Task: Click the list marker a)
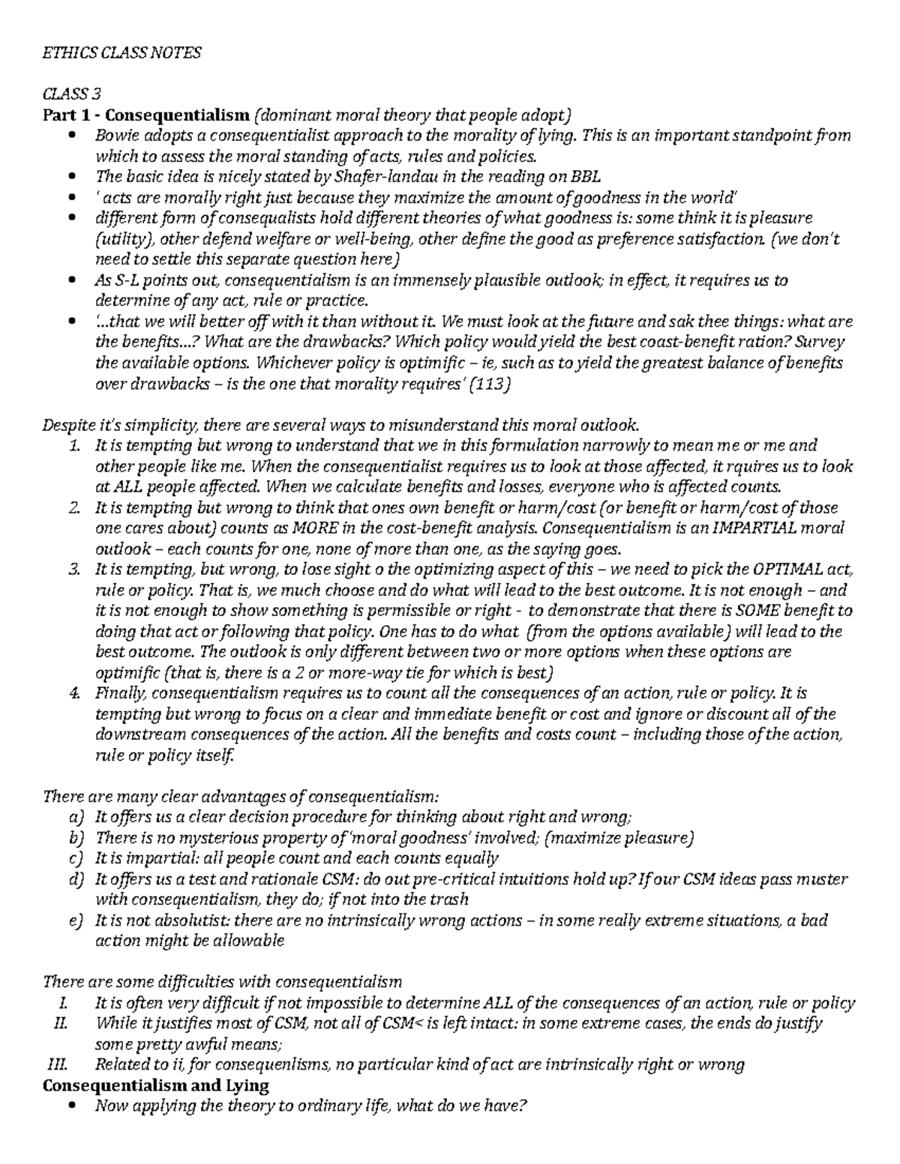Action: [x=75, y=817]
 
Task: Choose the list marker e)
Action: [x=75, y=920]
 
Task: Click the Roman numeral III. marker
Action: [x=57, y=1064]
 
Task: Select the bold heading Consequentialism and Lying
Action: [x=155, y=1085]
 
